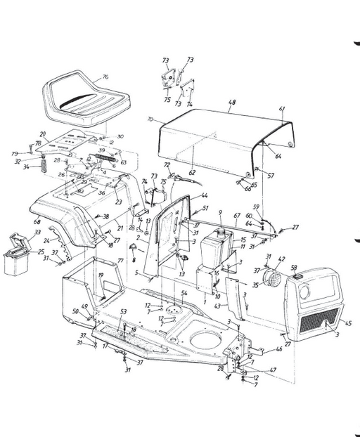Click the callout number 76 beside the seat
point(105,77)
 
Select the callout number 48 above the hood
point(232,103)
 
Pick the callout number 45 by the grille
point(347,324)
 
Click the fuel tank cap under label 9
point(220,230)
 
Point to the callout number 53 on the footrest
point(124,311)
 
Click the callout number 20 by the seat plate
point(42,133)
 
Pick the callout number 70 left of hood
point(150,120)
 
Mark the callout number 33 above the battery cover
point(37,232)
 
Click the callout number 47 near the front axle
point(274,370)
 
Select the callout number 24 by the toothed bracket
point(47,240)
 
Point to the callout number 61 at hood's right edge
point(282,108)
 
